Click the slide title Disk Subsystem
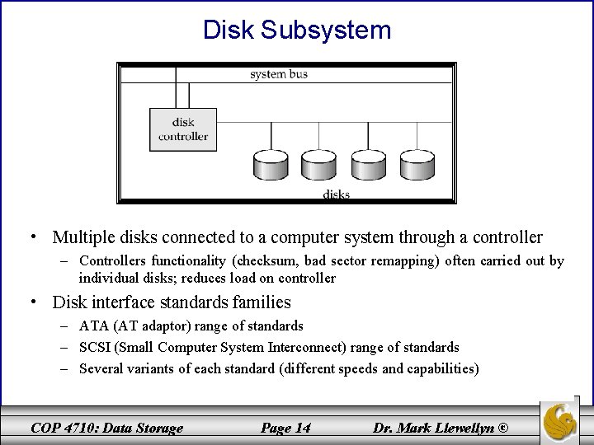click(x=297, y=30)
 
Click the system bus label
click(x=280, y=75)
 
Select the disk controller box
click(x=183, y=129)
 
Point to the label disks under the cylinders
click(x=336, y=194)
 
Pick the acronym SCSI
click(x=95, y=348)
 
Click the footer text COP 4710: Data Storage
click(x=106, y=427)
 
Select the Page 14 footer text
click(x=285, y=427)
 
